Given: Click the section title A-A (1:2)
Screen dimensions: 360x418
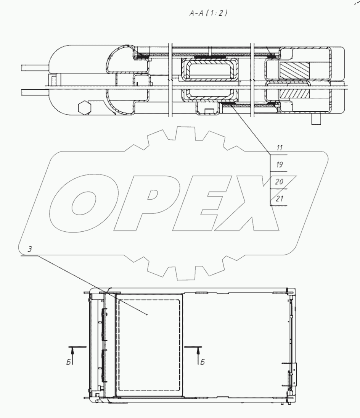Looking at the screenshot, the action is coord(209,13).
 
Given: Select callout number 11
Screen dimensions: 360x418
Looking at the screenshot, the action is coord(279,148).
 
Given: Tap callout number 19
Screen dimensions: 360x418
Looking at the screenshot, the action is coord(279,165).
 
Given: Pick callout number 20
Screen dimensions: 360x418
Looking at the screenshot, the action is coord(279,182).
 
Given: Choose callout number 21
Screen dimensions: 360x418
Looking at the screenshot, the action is coord(279,199).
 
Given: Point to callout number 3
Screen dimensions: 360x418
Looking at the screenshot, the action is coord(30,249).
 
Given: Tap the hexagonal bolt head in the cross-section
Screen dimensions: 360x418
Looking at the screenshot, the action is coord(85,108).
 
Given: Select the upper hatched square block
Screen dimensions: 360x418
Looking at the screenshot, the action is coord(294,71).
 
